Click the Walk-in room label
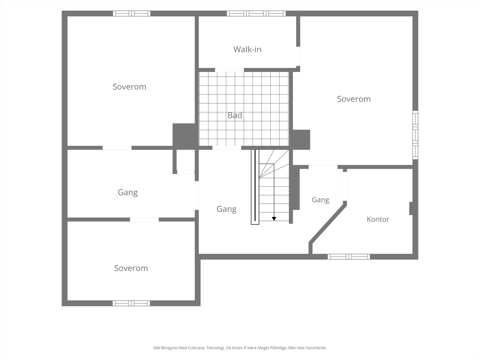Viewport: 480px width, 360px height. click(x=247, y=49)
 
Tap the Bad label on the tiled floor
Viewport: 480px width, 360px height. click(x=235, y=115)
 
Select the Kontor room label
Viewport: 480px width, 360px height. click(x=378, y=219)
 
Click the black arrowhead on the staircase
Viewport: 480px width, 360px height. click(x=274, y=219)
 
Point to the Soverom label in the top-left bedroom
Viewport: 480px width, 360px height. click(x=130, y=87)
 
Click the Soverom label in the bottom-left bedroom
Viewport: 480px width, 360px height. click(x=131, y=268)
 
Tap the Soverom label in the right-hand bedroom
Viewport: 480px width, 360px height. click(x=354, y=99)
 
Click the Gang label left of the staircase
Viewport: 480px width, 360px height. click(x=226, y=209)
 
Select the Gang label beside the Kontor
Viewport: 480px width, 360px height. click(x=320, y=200)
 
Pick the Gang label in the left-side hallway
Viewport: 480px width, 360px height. click(x=128, y=193)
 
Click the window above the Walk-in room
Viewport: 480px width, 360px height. click(x=256, y=13)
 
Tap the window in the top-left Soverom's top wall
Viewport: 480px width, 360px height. click(x=132, y=13)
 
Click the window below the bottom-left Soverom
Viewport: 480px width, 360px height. click(x=131, y=303)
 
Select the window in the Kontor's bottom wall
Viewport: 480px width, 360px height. click(x=349, y=256)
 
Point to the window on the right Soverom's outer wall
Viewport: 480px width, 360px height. click(x=415, y=135)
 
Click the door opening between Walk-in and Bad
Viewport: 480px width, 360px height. click(x=229, y=70)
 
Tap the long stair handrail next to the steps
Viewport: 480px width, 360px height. click(x=255, y=187)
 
